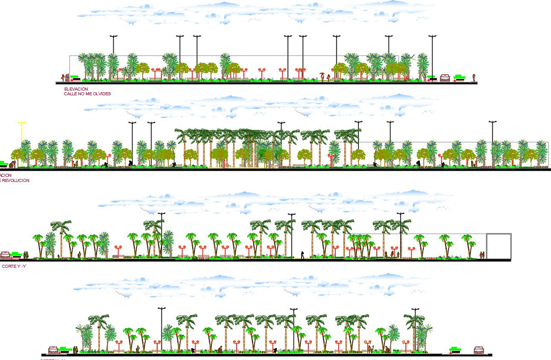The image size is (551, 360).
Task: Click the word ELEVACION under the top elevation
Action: [x=76, y=89]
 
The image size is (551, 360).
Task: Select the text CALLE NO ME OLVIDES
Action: [x=87, y=94]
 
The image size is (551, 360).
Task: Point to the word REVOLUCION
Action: [x=15, y=181]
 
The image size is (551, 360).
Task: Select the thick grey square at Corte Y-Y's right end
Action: [x=499, y=246]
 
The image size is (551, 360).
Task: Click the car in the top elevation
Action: [x=445, y=78]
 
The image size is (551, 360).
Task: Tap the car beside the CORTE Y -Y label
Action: [x=5, y=255]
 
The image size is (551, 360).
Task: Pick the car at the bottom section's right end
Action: [x=479, y=350]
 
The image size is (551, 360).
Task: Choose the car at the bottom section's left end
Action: [x=53, y=350]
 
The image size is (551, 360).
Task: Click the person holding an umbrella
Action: [x=322, y=76]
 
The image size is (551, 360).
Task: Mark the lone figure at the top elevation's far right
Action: [x=474, y=78]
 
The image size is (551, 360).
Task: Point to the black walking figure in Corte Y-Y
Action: [x=302, y=255]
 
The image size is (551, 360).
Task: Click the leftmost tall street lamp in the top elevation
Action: [x=113, y=56]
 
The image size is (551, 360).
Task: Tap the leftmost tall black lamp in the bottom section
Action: [x=161, y=329]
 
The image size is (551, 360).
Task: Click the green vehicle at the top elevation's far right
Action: [x=460, y=77]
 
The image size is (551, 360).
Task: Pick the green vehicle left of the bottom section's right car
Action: [x=456, y=350]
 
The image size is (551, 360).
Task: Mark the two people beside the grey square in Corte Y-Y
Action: [x=482, y=255]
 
